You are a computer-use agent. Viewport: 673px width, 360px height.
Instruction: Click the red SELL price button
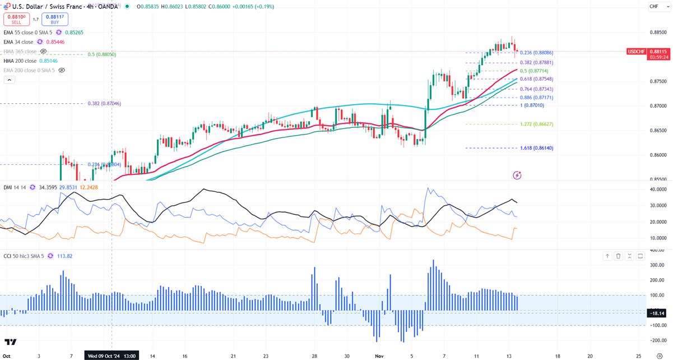tap(16, 19)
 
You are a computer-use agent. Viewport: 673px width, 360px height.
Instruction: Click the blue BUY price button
tap(54, 19)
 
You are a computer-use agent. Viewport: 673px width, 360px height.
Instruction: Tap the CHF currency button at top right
tap(653, 6)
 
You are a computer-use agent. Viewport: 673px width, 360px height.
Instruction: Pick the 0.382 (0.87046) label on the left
tap(104, 104)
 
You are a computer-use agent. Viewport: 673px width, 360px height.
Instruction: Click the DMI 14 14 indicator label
tap(15, 187)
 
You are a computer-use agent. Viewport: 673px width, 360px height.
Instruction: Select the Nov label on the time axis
tap(379, 356)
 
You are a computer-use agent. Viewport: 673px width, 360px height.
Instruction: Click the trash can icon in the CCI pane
tap(619, 256)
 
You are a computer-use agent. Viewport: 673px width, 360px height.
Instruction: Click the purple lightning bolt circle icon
tap(517, 176)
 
